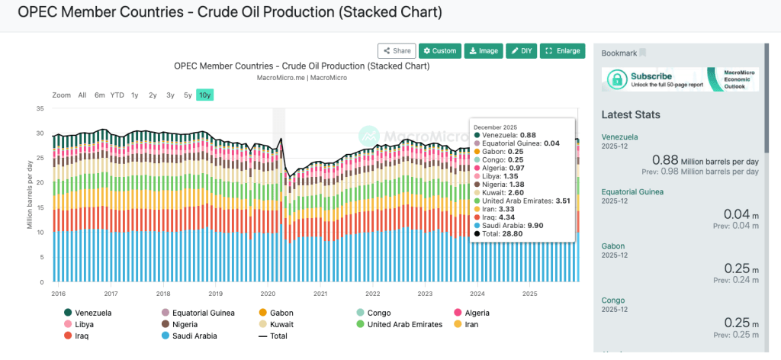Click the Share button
point(397,51)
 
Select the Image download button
point(483,51)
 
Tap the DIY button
point(522,51)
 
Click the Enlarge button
point(563,51)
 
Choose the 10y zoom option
point(204,95)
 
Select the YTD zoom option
point(117,95)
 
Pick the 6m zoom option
point(100,95)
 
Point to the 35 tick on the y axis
point(40,109)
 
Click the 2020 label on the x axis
point(268,293)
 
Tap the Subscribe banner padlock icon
point(617,79)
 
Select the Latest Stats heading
point(631,115)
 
